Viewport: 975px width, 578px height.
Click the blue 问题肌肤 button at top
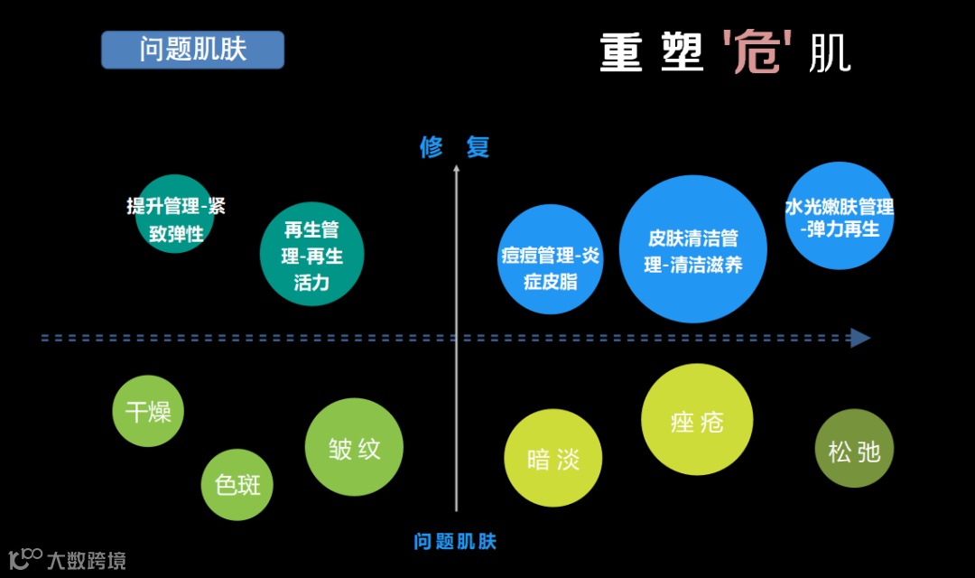[192, 50]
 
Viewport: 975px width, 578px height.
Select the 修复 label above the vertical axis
[455, 147]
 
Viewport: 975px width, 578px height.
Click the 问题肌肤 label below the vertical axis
[455, 542]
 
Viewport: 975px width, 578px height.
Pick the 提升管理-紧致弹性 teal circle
[175, 215]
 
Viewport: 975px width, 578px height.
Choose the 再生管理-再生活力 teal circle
[311, 254]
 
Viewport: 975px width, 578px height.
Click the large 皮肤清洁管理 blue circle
[692, 249]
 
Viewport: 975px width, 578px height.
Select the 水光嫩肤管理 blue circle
[840, 216]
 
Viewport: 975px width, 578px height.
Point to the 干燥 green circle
[148, 412]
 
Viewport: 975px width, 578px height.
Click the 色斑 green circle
[237, 485]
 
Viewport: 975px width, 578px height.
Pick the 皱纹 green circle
[354, 447]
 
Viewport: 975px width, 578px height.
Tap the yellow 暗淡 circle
[552, 459]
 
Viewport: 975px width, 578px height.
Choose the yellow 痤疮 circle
[697, 420]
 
